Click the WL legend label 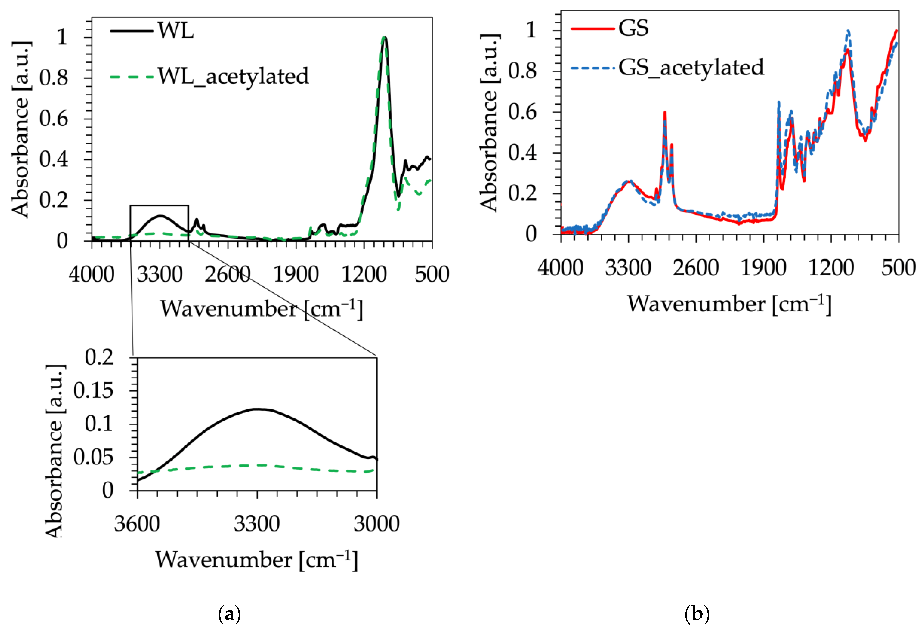[176, 30]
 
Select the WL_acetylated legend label [233, 76]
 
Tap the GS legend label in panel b [633, 28]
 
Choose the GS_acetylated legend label [691, 67]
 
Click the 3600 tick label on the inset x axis [137, 524]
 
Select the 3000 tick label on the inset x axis [376, 524]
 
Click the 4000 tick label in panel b [560, 267]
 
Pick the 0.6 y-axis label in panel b [522, 112]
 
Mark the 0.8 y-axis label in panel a [54, 78]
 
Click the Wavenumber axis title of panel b [729, 305]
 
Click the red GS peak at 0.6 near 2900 [665, 113]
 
